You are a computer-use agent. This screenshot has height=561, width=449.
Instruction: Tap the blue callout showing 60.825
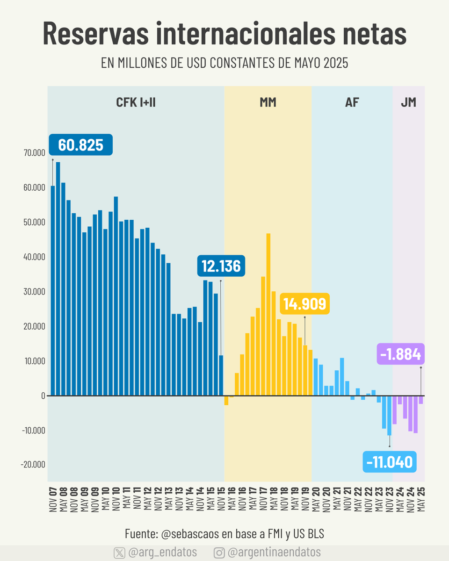point(80,145)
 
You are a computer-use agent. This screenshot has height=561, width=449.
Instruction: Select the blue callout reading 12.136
point(221,266)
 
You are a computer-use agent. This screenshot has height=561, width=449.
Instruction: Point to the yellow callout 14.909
point(305,304)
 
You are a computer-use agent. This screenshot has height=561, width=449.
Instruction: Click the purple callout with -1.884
point(400,355)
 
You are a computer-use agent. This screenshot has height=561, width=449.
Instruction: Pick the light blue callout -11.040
point(390,462)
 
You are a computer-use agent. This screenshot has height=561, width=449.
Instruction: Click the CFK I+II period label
point(136,102)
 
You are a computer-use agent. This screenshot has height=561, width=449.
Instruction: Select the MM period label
point(268,102)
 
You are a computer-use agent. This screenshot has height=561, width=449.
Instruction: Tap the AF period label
point(352,102)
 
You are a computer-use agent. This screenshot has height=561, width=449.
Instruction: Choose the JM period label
point(408,102)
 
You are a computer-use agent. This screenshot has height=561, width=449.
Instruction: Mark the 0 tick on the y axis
point(43,396)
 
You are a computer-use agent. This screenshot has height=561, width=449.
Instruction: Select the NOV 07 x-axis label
point(53,499)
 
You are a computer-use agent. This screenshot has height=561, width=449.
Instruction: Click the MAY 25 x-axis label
point(421,499)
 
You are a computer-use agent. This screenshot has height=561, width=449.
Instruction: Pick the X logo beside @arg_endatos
point(120,553)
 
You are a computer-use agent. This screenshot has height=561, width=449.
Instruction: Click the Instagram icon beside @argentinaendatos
point(219,553)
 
